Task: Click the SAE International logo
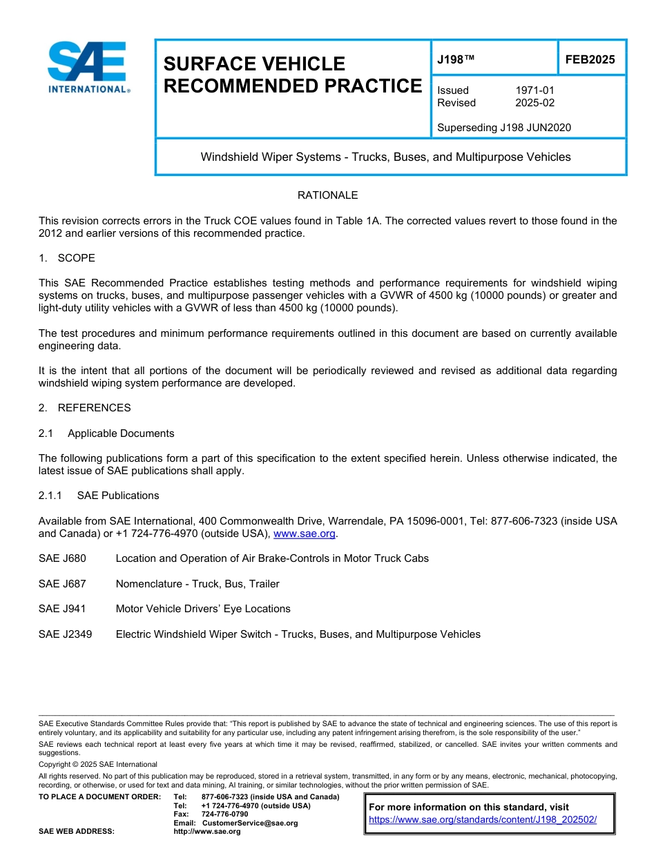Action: tap(87, 67)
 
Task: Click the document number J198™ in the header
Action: tap(456, 59)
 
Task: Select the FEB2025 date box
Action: tap(590, 59)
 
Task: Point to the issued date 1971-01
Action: tap(534, 90)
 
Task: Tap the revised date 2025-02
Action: tap(534, 103)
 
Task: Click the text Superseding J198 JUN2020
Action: tap(504, 127)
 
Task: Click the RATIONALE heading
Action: tap(327, 195)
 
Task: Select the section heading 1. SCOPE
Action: tap(67, 258)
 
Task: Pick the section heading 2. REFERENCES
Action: tap(84, 408)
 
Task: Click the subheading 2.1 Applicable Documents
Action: tap(106, 433)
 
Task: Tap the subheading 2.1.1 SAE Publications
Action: tap(99, 496)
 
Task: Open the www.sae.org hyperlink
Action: tap(304, 534)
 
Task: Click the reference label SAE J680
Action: tap(62, 558)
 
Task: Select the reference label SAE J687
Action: tap(62, 584)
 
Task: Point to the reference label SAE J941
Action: tap(62, 609)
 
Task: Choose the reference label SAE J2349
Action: tap(65, 634)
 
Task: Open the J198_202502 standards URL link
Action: tap(483, 820)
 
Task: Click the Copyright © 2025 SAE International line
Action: tap(98, 764)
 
